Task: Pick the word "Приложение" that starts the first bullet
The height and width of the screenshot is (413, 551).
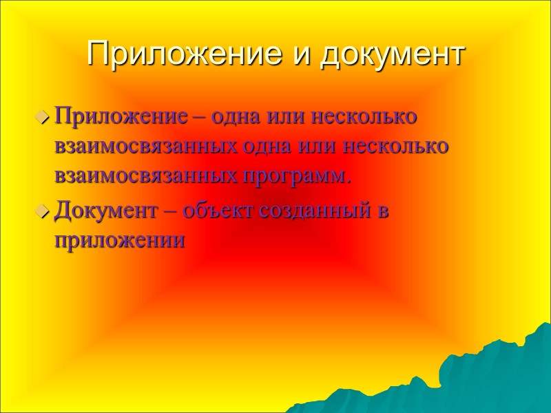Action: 121,116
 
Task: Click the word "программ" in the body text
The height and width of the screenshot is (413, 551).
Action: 297,176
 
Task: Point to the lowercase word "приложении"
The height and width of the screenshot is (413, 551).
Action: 121,241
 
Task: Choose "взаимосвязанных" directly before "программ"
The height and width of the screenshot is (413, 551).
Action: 149,176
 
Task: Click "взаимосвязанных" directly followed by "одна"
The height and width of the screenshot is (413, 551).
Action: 149,146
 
